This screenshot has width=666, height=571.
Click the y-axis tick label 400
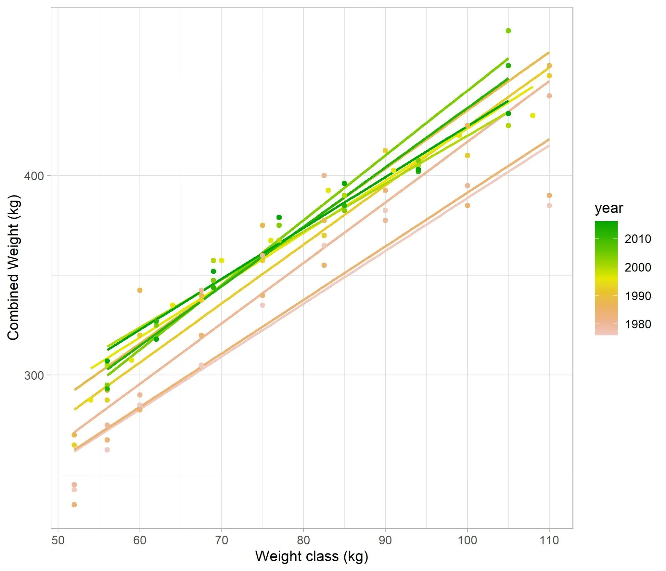coord(33,176)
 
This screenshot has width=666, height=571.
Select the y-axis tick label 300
coord(33,375)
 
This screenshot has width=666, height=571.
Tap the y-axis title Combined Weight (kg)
coord(14,267)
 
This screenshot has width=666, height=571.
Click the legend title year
coord(609,208)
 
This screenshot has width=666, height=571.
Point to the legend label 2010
coord(638,239)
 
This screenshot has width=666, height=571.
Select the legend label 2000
coord(638,267)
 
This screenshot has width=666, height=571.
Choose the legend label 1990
coord(638,296)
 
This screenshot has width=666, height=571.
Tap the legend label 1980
coord(638,324)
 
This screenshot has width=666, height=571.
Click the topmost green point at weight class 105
coord(508,31)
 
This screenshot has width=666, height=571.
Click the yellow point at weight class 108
coord(533,116)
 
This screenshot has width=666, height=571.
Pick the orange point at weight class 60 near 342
coord(140,290)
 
